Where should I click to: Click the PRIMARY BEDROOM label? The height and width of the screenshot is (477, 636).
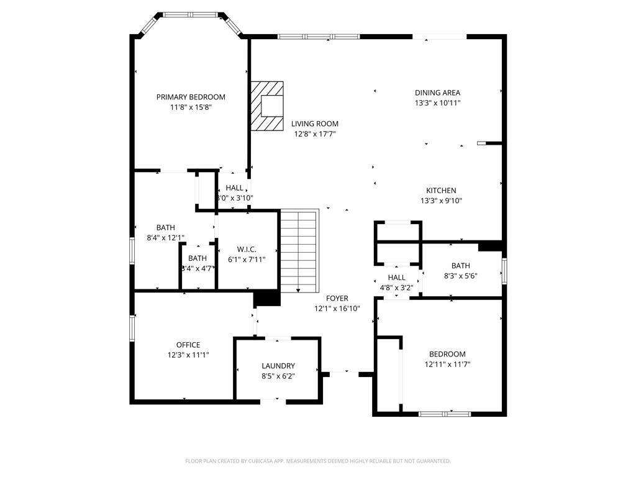coord(191,97)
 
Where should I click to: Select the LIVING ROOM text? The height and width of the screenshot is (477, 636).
coord(315,124)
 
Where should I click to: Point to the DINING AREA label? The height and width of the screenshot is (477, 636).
coord(437,93)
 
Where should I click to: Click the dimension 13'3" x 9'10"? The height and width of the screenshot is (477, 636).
coord(442,201)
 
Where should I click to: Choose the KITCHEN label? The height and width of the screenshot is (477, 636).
coord(441,190)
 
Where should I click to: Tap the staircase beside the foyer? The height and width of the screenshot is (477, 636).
coord(299,251)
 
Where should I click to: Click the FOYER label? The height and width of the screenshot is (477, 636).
coord(337,298)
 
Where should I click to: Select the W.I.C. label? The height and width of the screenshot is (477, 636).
coord(247,249)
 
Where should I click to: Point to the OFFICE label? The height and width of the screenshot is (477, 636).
coord(188,345)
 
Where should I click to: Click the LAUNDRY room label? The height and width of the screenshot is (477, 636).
coord(278,366)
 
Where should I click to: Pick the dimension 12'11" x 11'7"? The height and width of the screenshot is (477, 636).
coord(447,364)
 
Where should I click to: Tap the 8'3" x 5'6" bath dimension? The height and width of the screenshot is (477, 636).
coord(461,276)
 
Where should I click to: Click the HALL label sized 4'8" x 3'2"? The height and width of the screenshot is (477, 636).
coord(396,278)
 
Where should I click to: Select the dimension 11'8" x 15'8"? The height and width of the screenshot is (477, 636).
coord(191,107)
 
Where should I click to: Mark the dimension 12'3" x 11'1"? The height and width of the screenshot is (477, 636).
coord(188,355)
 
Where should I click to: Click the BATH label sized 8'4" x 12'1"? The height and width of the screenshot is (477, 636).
coord(166,227)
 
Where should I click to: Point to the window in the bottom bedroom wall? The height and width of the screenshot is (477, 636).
coord(445,414)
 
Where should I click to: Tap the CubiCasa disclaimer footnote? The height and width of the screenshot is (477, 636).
coord(318,461)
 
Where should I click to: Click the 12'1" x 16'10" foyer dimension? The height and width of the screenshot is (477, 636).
coord(337,308)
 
